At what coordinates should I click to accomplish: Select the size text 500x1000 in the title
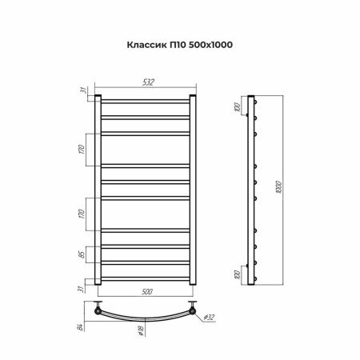(x=210, y=45)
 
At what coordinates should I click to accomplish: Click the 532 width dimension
(x=148, y=82)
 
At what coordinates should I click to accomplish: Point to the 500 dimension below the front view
(x=147, y=291)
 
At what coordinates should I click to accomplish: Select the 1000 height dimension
(x=278, y=187)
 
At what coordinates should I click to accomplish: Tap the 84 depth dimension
(x=80, y=327)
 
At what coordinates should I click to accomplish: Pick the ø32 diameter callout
(x=209, y=317)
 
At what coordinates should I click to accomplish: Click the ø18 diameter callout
(x=141, y=330)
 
